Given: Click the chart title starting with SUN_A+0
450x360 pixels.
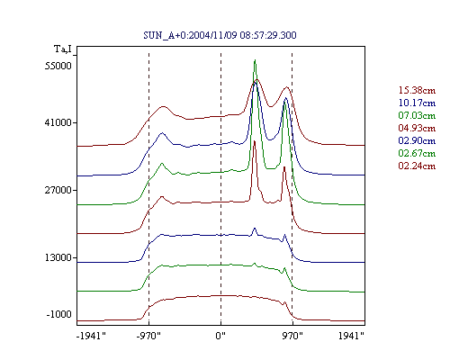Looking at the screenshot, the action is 220,35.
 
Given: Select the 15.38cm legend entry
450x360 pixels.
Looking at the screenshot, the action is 417,90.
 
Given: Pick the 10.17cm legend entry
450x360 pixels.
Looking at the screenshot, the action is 417,103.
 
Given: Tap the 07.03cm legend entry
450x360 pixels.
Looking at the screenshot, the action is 417,115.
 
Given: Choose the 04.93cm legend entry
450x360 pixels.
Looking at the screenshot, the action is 417,128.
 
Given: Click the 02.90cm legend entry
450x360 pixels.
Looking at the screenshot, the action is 417,140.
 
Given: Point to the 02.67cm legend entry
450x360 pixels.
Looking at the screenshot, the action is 417,153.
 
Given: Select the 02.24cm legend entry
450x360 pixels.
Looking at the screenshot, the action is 417,166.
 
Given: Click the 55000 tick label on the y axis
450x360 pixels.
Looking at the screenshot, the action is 58,66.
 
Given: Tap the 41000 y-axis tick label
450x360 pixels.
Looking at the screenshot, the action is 58,122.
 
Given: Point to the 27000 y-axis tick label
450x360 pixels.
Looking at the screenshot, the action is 58,190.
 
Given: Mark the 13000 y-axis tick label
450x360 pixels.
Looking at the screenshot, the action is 58,257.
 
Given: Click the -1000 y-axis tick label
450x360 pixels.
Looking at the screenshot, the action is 59,314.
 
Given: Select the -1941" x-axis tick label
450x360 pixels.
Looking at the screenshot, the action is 91,336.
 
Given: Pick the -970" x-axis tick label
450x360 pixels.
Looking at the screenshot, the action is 148,336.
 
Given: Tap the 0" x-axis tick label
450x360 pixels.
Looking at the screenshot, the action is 220,336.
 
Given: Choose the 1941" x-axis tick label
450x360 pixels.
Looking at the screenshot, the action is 351,336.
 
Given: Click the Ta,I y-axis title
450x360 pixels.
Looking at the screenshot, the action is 63,49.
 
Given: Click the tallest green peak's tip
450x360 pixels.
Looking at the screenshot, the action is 255,59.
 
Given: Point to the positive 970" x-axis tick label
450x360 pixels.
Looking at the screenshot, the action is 292,336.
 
